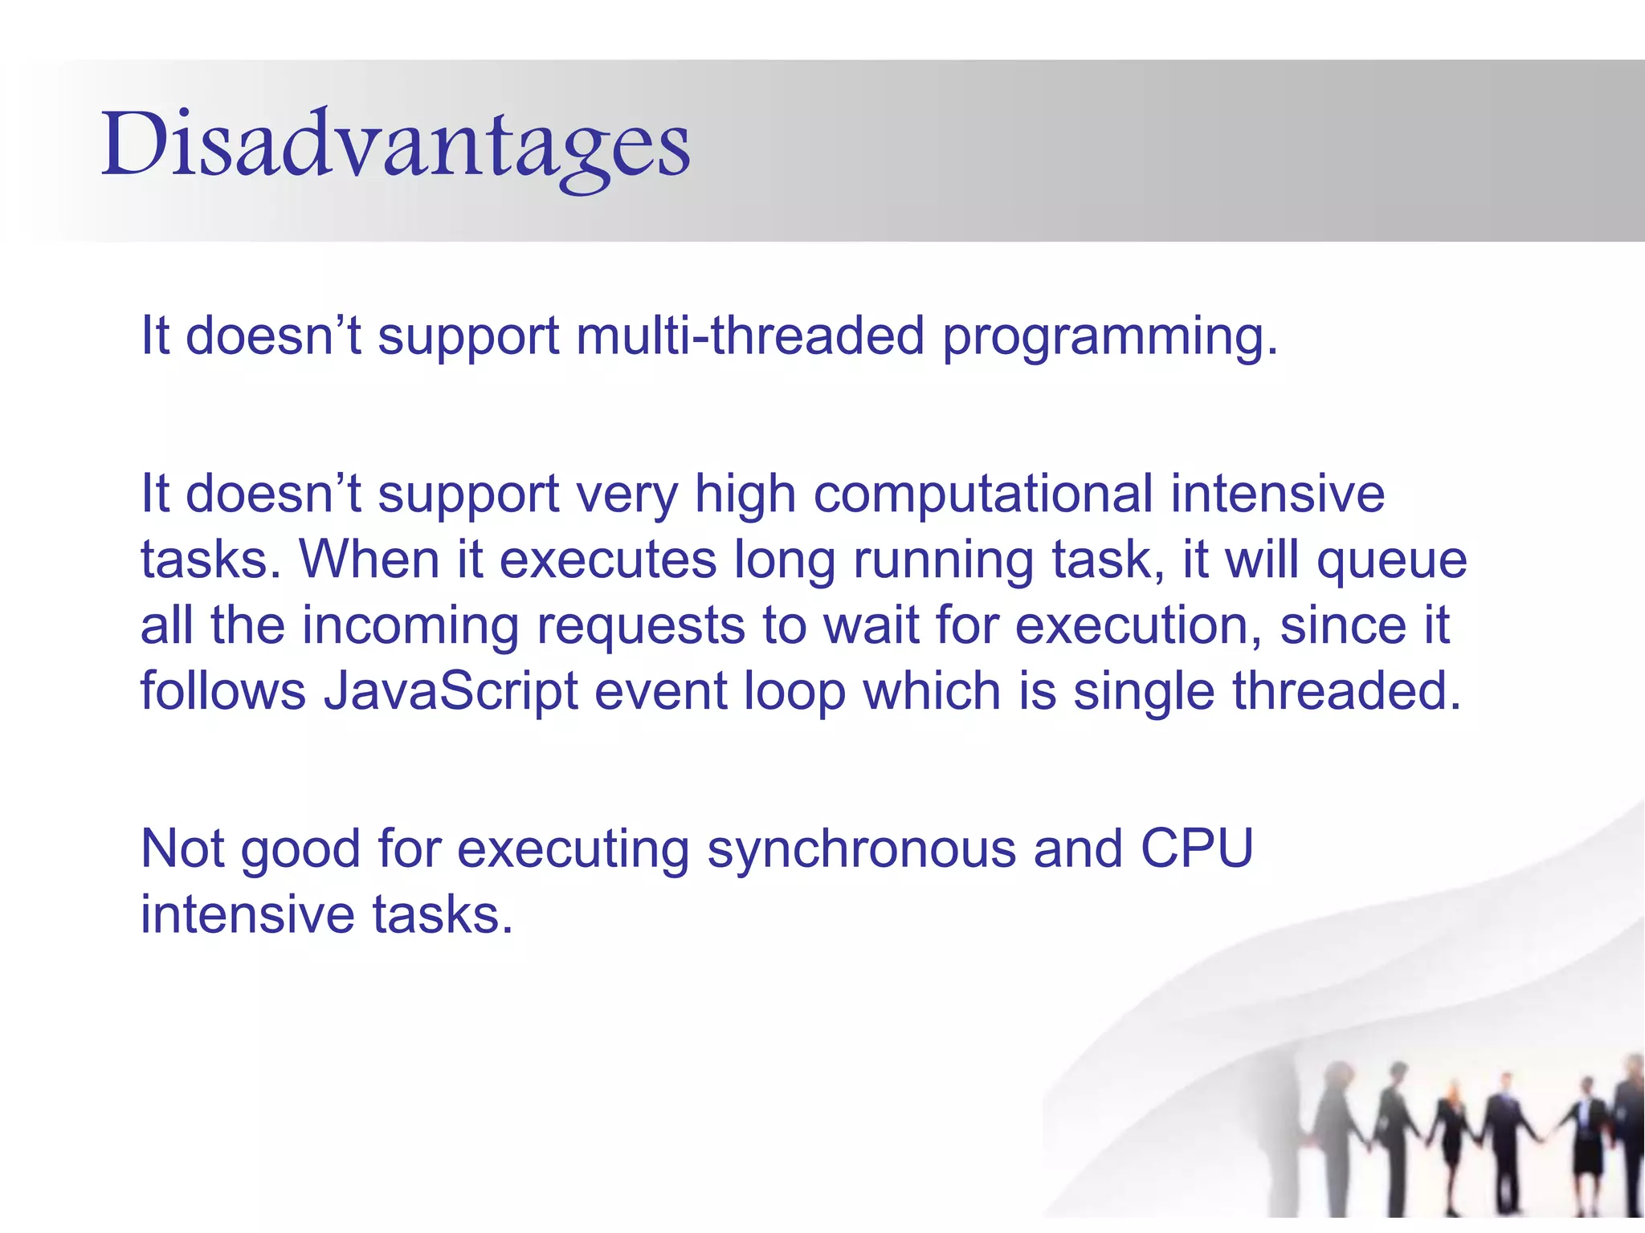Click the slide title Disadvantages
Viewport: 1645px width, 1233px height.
395,144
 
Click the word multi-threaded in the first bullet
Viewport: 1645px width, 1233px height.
750,336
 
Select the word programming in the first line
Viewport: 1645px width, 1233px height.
1108,337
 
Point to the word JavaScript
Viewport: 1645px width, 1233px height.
450,691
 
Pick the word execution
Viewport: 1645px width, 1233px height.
1137,626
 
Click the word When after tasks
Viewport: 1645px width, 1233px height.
369,560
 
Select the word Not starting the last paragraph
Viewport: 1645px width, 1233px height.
182,848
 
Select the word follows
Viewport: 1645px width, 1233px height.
222,691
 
